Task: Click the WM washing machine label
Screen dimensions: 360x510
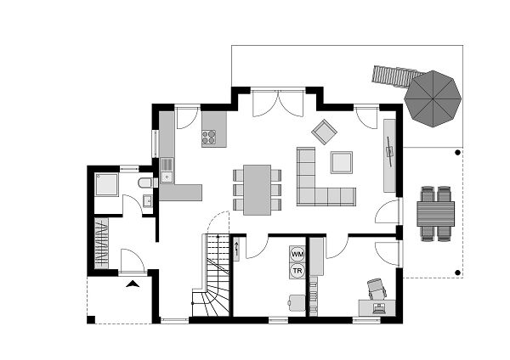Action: (x=297, y=254)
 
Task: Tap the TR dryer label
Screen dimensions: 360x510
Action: (x=297, y=270)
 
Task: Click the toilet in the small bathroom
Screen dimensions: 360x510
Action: (x=145, y=183)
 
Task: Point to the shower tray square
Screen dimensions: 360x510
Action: (x=108, y=184)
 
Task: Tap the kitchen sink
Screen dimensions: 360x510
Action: (x=167, y=177)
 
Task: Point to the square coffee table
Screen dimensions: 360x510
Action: (x=342, y=161)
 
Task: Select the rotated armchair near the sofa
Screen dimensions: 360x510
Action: (x=324, y=132)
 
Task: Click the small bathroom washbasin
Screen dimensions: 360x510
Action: (x=147, y=201)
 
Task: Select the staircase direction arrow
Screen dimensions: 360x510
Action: (x=237, y=248)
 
